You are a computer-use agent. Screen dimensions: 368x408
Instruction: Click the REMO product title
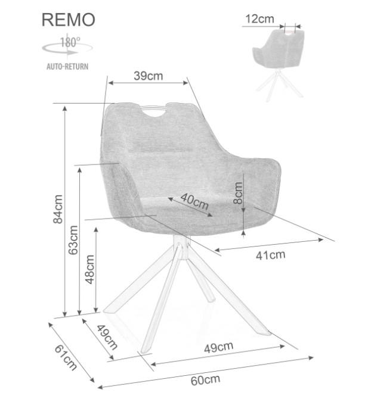[68, 20]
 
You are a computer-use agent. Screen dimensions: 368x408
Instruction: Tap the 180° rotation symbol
[67, 46]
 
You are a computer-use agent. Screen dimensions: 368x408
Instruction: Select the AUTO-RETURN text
[67, 66]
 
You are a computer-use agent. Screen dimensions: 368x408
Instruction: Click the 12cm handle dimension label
[260, 18]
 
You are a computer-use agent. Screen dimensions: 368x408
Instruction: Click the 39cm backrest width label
[149, 76]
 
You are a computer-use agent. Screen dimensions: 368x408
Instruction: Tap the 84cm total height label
[58, 209]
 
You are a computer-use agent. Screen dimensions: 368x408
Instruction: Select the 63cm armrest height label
[73, 240]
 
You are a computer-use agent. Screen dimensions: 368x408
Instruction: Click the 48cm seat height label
[89, 269]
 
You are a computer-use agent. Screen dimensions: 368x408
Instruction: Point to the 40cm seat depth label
[194, 201]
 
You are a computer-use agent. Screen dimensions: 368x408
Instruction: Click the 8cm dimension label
[238, 193]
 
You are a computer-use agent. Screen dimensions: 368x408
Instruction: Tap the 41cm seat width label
[270, 255]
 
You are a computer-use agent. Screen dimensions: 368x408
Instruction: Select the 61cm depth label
[66, 357]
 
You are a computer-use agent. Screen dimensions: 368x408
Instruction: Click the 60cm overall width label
[205, 380]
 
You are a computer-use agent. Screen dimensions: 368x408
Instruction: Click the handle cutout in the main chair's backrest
[154, 111]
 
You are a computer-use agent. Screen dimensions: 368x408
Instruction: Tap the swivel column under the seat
[182, 247]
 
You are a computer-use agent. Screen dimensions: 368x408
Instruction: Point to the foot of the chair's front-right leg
[265, 332]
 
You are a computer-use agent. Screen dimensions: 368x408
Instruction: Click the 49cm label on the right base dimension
[218, 347]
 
